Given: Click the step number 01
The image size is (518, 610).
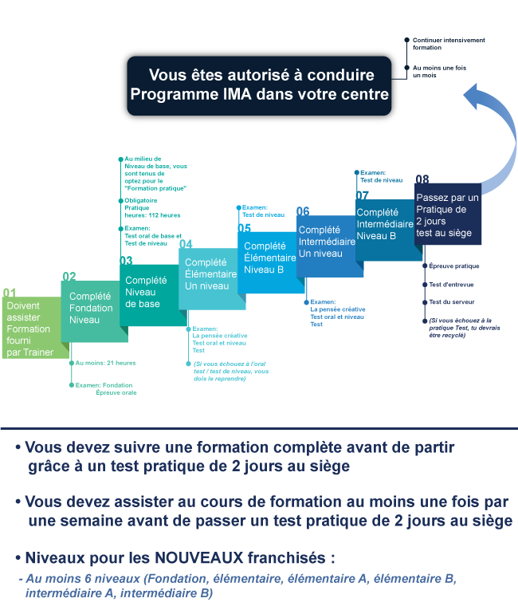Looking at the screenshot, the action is (x=10, y=293).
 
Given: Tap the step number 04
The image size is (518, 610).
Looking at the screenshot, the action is (x=186, y=244).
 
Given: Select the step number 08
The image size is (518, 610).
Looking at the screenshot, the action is (x=422, y=179).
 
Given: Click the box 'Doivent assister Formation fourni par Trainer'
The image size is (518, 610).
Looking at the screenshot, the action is (x=32, y=328).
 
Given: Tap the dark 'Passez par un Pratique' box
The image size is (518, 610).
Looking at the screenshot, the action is (x=448, y=214).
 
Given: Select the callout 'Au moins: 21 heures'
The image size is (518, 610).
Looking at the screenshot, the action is (x=105, y=363).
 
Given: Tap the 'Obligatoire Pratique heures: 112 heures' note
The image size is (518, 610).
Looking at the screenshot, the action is (x=152, y=208).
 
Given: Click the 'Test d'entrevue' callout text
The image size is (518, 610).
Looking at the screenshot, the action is (x=451, y=285).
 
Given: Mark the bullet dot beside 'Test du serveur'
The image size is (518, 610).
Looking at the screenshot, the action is (x=425, y=302).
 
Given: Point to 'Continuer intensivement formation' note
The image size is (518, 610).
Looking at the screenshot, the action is (x=449, y=44).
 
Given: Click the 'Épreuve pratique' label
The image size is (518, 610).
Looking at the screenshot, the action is (x=453, y=266).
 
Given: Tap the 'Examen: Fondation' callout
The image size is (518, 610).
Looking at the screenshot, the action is (x=104, y=385).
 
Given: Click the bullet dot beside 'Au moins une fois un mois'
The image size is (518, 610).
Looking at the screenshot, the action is (x=406, y=68).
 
